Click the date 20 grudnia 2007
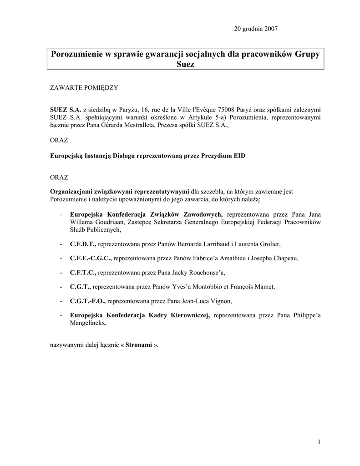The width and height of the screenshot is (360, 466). (x=256, y=29)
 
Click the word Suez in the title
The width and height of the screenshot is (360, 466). (x=185, y=65)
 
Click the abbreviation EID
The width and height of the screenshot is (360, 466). (x=239, y=156)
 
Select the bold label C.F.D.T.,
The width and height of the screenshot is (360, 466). (x=83, y=244)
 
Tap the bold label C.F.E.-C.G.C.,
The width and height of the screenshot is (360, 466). (x=91, y=258)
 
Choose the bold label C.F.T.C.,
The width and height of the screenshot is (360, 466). (x=83, y=273)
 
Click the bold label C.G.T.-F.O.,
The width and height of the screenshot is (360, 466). (x=87, y=301)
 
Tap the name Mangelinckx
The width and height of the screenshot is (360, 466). (x=88, y=323)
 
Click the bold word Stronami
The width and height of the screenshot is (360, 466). (x=139, y=345)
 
